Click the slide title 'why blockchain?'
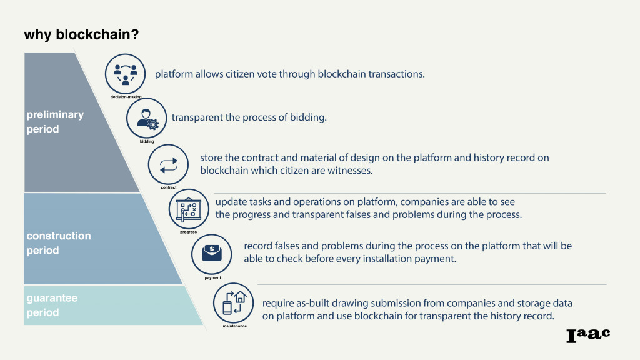click(81, 34)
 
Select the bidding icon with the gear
click(147, 118)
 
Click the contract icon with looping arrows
click(168, 164)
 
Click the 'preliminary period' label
click(55, 122)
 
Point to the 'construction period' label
click(59, 243)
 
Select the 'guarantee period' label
click(52, 305)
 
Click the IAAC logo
click(587, 335)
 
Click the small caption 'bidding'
click(147, 142)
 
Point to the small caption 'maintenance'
click(234, 326)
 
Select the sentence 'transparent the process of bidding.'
click(249, 117)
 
